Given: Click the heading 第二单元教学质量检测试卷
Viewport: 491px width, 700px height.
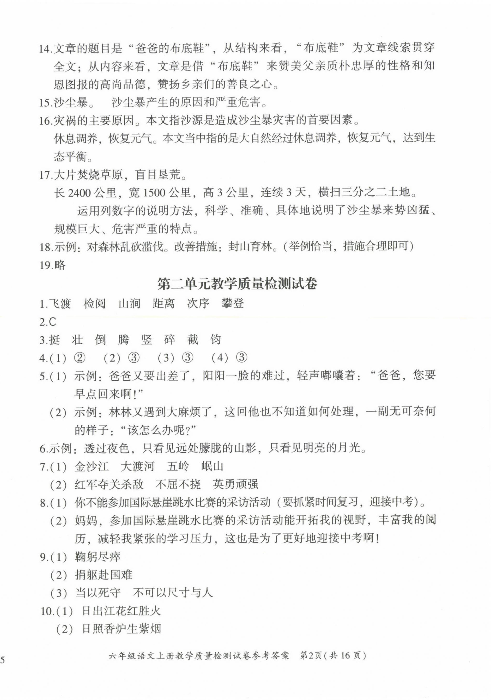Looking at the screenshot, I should (237, 284).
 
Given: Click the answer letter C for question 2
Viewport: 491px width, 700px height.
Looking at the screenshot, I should (52, 322).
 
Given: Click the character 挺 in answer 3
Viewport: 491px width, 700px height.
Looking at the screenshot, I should (55, 340).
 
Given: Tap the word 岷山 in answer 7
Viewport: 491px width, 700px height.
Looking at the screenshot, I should (212, 466).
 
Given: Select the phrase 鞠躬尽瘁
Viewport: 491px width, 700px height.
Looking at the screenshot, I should (98, 557).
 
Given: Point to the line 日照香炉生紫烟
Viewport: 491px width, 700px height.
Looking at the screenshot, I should (121, 629).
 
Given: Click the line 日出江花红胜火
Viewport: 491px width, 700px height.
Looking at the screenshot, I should (121, 611).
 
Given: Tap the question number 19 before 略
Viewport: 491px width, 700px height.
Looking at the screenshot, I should (46, 266).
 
